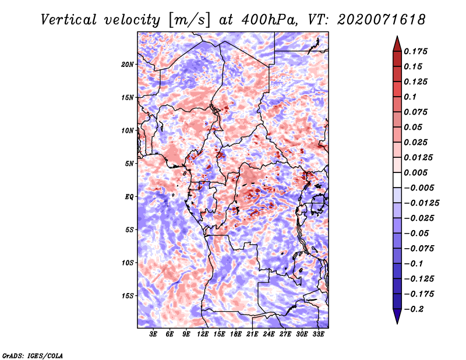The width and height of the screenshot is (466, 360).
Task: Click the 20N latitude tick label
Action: tap(128, 65)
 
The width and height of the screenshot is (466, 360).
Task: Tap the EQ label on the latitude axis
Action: tap(129, 197)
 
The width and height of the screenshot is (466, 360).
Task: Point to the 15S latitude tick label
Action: tap(128, 296)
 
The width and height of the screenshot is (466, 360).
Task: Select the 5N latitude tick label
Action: tap(129, 164)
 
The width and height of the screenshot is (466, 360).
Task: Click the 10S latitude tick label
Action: tap(128, 263)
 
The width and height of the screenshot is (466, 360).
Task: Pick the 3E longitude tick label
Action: tap(153, 334)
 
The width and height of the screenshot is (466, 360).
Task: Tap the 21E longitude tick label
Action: tap(252, 334)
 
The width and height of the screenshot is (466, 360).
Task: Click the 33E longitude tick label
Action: tap(318, 334)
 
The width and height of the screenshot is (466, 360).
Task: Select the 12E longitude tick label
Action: tap(202, 334)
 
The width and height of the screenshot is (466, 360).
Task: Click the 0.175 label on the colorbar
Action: tap(415, 51)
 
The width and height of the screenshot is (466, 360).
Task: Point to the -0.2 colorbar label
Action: tap(414, 309)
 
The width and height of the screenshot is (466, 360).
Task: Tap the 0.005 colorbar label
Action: tap(415, 172)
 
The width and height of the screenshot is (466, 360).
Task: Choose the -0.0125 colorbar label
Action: tap(421, 203)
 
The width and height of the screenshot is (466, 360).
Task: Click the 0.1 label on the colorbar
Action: tap(410, 97)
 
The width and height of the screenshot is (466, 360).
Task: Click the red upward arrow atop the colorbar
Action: tap(397, 44)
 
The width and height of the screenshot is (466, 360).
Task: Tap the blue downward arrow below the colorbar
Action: tap(397, 316)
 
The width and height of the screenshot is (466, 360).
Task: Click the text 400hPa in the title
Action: tap(270, 20)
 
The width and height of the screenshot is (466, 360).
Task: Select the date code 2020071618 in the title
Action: tap(382, 20)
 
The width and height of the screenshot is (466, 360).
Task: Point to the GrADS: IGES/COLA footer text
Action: tap(33, 356)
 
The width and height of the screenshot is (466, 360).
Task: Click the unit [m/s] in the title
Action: tap(189, 20)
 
